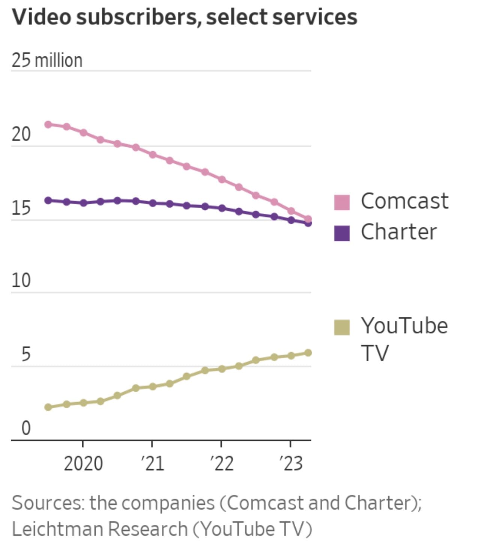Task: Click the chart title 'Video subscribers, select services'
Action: click(x=184, y=18)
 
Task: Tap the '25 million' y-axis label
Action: click(x=47, y=60)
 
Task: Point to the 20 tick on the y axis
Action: click(x=21, y=134)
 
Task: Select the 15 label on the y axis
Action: click(x=21, y=208)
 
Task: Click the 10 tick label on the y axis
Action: click(x=21, y=281)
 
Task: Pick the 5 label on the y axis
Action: click(x=26, y=354)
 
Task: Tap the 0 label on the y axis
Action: click(x=26, y=428)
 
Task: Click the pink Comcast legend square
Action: click(x=342, y=202)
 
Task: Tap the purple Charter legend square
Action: click(x=342, y=233)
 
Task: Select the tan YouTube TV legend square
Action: click(x=342, y=327)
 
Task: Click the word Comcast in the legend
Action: click(x=404, y=201)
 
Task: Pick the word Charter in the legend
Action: click(x=399, y=232)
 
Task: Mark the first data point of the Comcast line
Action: click(x=48, y=124)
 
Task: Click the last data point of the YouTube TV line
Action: click(x=308, y=353)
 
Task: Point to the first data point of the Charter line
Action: click(x=48, y=201)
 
